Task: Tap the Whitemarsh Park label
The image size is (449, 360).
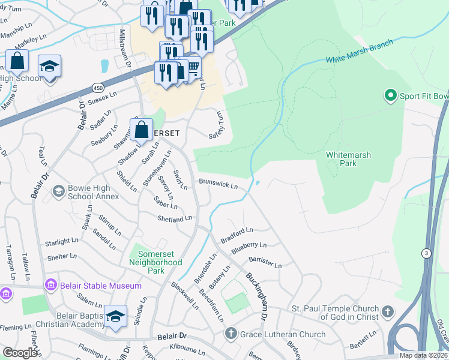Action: [x=348, y=159]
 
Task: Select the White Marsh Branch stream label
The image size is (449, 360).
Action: [x=360, y=52]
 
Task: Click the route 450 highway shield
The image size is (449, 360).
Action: [x=97, y=88]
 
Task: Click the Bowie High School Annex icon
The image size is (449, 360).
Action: [x=58, y=191]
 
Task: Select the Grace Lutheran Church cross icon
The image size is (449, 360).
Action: [x=230, y=334]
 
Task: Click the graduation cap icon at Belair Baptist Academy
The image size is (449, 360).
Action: [x=115, y=316]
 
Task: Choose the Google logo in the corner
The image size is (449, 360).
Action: [x=20, y=353]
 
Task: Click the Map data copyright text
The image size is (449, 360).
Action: [x=424, y=355]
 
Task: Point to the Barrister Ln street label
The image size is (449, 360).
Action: [x=265, y=263]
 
